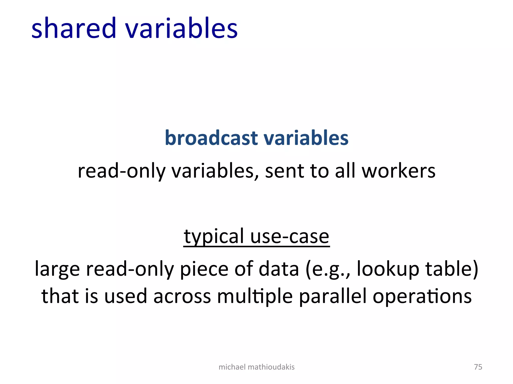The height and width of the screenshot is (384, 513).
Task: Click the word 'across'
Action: [182, 296]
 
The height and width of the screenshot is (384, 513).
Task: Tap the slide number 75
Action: [478, 367]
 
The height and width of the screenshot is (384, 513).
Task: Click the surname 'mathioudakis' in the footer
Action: [271, 367]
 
